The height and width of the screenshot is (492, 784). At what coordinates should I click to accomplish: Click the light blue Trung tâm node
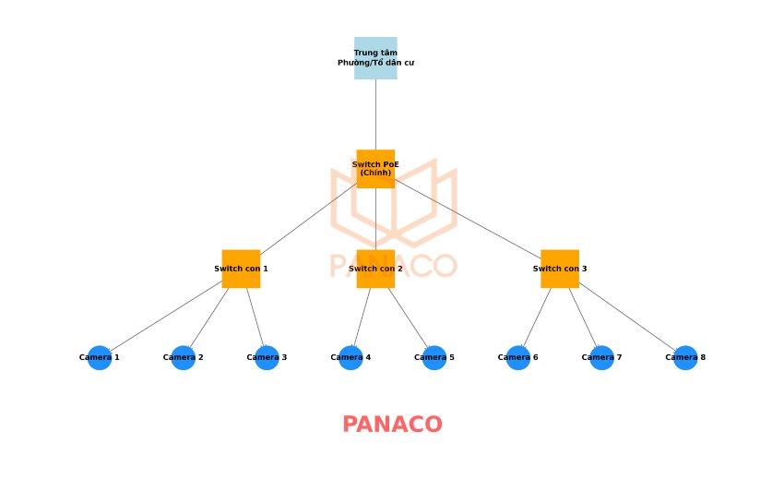click(375, 58)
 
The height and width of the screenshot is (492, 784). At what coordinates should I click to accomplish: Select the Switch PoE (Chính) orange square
click(375, 169)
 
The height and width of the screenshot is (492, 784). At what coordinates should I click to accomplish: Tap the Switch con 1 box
click(241, 269)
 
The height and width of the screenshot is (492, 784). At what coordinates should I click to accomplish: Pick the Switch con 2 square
click(375, 269)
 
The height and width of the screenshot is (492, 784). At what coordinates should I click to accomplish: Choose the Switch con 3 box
click(560, 269)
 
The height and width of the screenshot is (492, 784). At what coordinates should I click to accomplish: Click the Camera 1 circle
click(100, 357)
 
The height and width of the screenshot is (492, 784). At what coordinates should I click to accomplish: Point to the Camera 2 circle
click(184, 357)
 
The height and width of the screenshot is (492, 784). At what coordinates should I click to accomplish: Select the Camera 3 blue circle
click(267, 357)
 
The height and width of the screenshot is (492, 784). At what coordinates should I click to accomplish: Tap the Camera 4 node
click(350, 357)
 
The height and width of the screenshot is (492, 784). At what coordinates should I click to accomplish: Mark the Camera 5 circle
click(434, 357)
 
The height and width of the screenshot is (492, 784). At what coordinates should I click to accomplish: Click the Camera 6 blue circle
click(518, 357)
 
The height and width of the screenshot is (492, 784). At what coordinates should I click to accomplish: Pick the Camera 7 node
click(601, 357)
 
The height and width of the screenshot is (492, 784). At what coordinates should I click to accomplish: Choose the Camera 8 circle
click(685, 357)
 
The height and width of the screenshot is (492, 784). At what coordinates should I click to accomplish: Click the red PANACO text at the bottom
click(392, 425)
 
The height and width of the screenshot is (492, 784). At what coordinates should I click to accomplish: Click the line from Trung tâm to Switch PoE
click(375, 114)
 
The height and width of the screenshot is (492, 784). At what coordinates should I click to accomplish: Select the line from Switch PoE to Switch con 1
click(308, 219)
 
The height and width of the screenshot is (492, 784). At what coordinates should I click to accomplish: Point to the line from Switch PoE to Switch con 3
click(468, 219)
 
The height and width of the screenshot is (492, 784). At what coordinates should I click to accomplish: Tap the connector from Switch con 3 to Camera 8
click(627, 317)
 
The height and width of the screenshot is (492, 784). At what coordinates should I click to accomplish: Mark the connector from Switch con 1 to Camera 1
click(166, 316)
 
